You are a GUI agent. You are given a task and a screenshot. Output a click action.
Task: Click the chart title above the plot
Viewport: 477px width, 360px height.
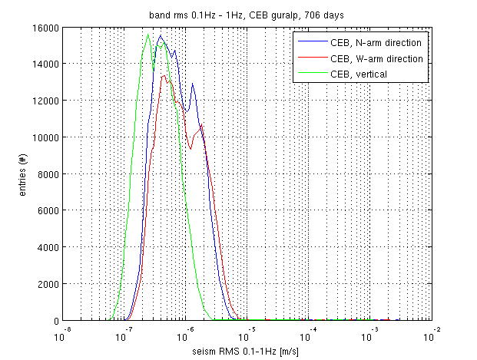pyautogui.click(x=246, y=15)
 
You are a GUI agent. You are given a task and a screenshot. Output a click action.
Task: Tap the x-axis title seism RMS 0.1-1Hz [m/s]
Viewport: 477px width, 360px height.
pyautogui.click(x=247, y=351)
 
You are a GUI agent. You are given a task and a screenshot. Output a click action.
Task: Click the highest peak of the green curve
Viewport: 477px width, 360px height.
pyautogui.click(x=148, y=34)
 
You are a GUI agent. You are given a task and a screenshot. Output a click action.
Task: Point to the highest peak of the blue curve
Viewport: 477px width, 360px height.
pyautogui.click(x=161, y=35)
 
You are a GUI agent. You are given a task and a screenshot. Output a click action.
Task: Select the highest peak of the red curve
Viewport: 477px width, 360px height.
pyautogui.click(x=164, y=75)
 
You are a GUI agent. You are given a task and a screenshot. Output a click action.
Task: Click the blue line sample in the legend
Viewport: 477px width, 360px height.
pyautogui.click(x=310, y=42)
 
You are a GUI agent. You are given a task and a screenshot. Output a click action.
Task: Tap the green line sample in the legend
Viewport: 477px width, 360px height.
pyautogui.click(x=310, y=74)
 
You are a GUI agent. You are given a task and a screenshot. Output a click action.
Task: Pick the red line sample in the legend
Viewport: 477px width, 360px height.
pyautogui.click(x=310, y=58)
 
